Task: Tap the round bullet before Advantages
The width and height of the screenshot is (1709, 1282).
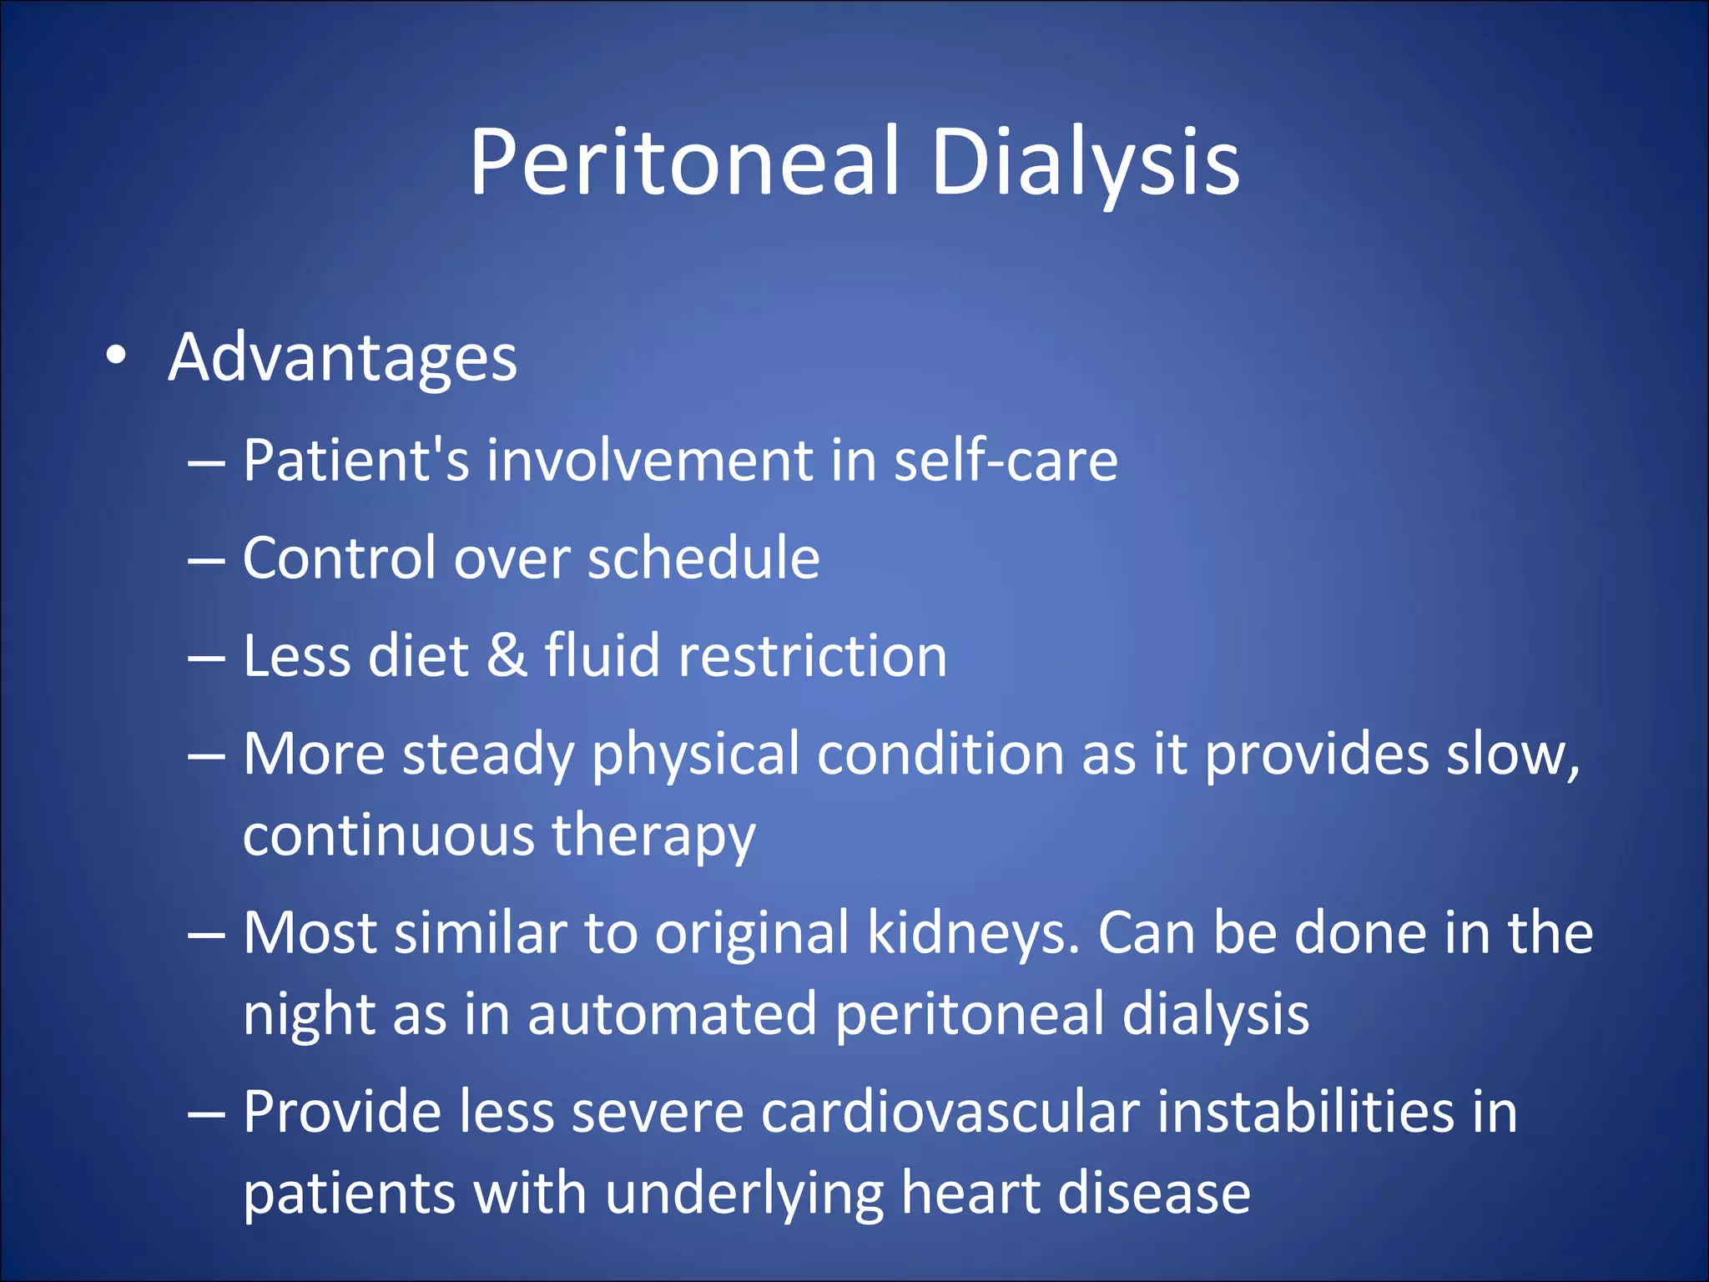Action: tap(116, 356)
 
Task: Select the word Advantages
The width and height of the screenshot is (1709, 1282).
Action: tap(343, 358)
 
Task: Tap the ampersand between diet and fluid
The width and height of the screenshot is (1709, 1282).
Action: tap(507, 655)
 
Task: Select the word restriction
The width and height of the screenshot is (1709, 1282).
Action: tap(813, 655)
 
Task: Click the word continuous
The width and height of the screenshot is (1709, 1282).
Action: tap(388, 835)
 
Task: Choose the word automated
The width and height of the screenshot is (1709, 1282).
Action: tap(672, 1013)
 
